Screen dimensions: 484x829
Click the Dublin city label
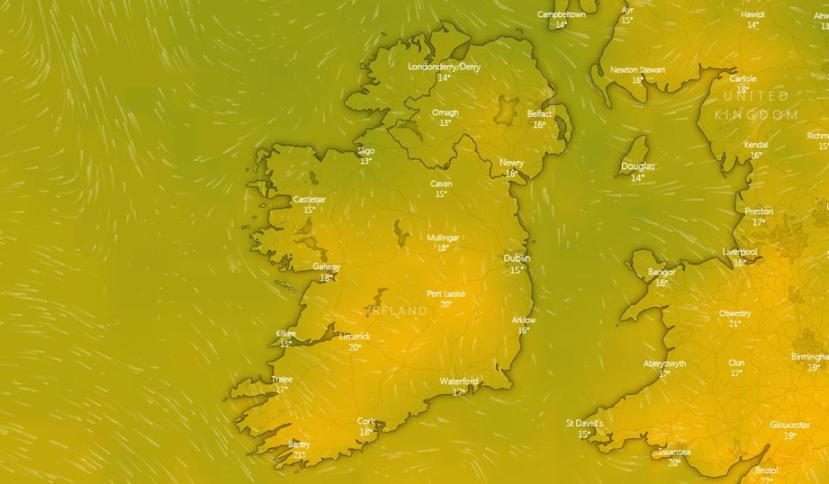(x=517, y=258)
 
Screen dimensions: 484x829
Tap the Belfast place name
(x=540, y=113)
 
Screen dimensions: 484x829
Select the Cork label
(x=366, y=421)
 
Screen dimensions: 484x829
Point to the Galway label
(x=326, y=267)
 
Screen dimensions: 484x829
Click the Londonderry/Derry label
(x=444, y=67)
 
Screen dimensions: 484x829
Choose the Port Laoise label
(x=446, y=294)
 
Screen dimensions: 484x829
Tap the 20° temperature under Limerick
(x=354, y=347)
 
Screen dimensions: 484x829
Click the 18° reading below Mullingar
(x=443, y=248)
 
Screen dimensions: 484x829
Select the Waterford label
(x=459, y=382)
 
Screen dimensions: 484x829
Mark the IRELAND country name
(x=398, y=311)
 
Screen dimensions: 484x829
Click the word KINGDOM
(x=756, y=115)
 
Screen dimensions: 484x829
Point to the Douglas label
(x=638, y=167)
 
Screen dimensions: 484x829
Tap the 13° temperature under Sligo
(x=365, y=161)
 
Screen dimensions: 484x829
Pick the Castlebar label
(x=309, y=199)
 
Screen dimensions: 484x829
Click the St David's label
(x=584, y=423)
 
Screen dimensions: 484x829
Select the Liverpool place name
(x=740, y=252)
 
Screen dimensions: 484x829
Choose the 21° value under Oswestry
(x=734, y=324)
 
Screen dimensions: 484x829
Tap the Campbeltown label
(x=561, y=15)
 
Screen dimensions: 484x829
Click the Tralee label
(x=282, y=379)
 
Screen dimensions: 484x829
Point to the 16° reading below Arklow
(x=524, y=331)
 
